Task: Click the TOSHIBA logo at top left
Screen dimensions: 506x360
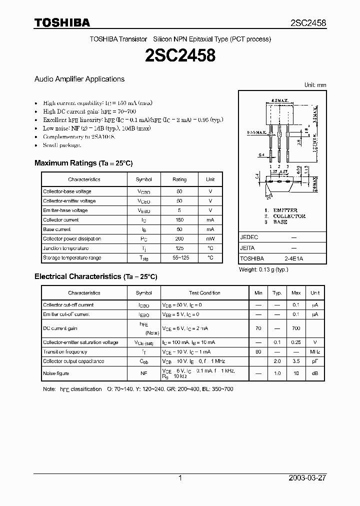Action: pyautogui.click(x=62, y=22)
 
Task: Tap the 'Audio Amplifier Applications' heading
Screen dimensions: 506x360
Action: pyautogui.click(x=79, y=79)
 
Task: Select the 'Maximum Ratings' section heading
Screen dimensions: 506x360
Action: pyautogui.click(x=65, y=163)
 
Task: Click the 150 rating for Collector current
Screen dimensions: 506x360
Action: pyautogui.click(x=179, y=220)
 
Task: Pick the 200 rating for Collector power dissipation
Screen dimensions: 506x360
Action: pyautogui.click(x=179, y=239)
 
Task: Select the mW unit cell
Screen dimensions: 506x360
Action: pyautogui.click(x=210, y=239)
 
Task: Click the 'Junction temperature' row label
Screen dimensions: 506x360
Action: pyautogui.click(x=65, y=248)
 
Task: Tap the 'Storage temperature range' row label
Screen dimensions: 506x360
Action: pyautogui.click(x=72, y=258)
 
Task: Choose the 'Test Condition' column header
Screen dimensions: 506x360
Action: pyautogui.click(x=204, y=293)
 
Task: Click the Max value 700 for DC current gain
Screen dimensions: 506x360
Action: pyautogui.click(x=296, y=328)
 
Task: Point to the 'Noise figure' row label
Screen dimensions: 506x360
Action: pyautogui.click(x=56, y=373)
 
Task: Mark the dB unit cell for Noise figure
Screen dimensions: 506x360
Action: pyautogui.click(x=315, y=373)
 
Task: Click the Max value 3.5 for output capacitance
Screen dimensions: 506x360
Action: pyautogui.click(x=296, y=361)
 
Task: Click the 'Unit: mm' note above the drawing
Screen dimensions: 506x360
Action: pyautogui.click(x=315, y=85)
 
